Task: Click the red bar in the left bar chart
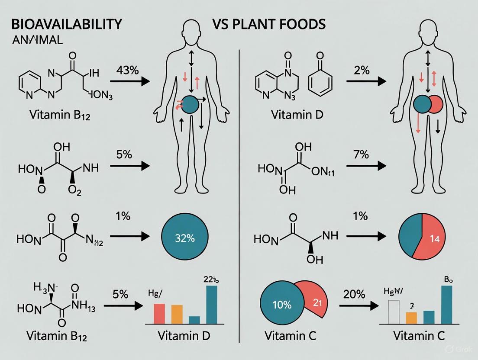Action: click(x=160, y=313)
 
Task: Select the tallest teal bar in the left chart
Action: click(x=212, y=305)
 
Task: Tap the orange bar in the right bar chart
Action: click(x=411, y=318)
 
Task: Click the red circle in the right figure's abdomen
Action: click(x=435, y=104)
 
